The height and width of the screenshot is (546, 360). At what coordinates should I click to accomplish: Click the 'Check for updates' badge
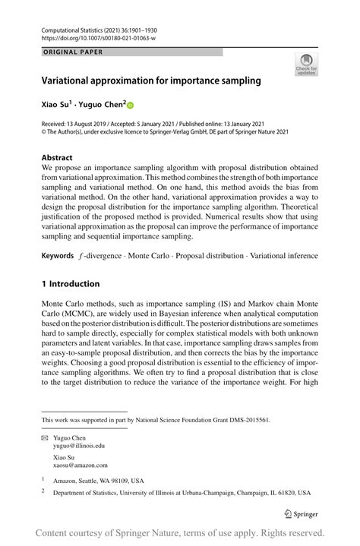tap(306, 65)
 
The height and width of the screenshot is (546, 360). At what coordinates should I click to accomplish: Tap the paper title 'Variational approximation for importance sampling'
tap(151, 80)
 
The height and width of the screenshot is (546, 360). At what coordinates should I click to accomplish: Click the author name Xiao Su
tap(58, 104)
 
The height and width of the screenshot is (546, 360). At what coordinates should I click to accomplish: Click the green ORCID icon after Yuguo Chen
tap(129, 105)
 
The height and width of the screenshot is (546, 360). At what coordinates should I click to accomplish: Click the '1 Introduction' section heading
tap(71, 284)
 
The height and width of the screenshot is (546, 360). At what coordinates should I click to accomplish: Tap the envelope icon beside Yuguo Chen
tap(44, 438)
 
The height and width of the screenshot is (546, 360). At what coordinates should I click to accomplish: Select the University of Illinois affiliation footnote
tap(182, 493)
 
